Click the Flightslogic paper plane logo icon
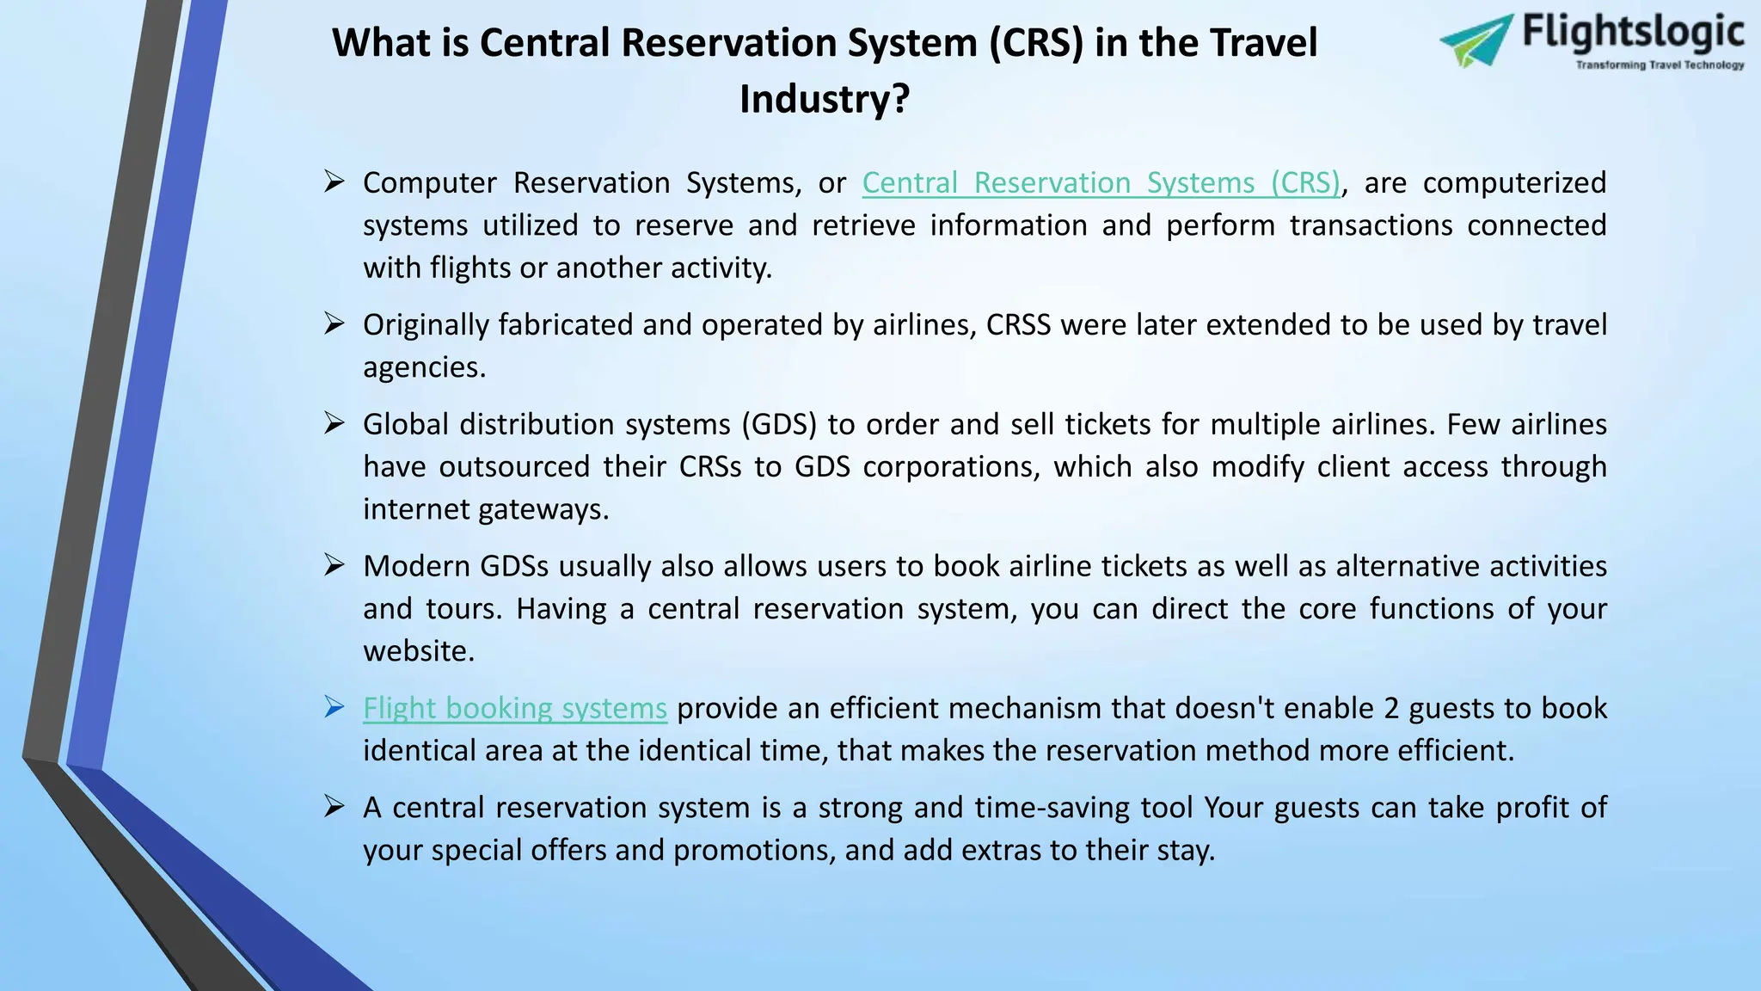[1476, 40]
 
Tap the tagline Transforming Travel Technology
[1659, 65]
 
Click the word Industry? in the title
[824, 98]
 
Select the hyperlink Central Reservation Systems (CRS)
[1101, 182]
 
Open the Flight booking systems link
[514, 708]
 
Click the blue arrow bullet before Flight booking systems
[334, 707]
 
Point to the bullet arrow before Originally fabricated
[334, 323]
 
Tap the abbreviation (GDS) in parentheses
[779, 424]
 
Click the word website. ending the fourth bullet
[419, 651]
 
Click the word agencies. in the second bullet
[424, 367]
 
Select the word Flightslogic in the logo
[1633, 33]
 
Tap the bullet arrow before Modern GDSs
[334, 565]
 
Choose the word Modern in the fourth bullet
[416, 566]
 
